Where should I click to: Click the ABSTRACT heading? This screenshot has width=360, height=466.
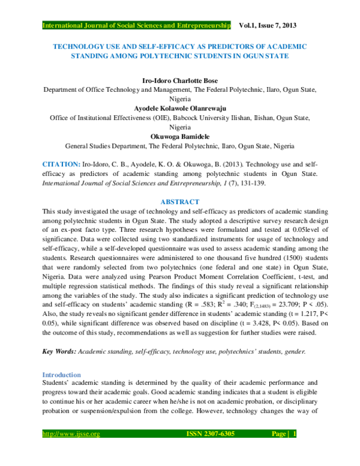pyautogui.click(x=180, y=202)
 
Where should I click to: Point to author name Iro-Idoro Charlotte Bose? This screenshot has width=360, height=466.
pyautogui.click(x=180, y=79)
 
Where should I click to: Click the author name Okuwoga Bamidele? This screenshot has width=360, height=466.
pyautogui.click(x=180, y=137)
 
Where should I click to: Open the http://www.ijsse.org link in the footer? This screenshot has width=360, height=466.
pyautogui.click(x=71, y=450)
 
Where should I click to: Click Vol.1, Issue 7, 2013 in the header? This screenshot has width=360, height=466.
pyautogui.click(x=268, y=26)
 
